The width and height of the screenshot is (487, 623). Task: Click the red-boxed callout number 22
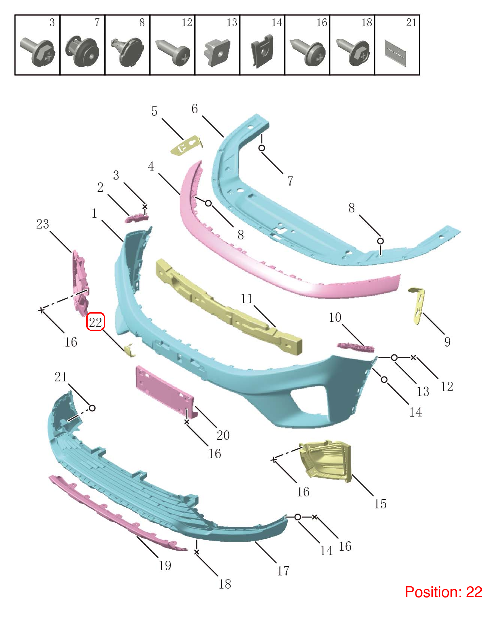[x=96, y=322]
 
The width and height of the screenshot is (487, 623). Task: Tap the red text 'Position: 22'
[x=443, y=592]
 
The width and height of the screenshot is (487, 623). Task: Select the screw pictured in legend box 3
[x=37, y=52]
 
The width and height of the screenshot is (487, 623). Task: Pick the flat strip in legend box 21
[x=395, y=53]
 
